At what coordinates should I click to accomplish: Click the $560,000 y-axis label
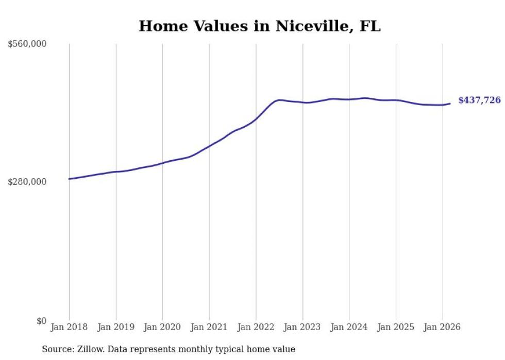[27, 44]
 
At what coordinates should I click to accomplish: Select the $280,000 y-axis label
[27, 182]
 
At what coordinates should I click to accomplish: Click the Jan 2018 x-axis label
[69, 327]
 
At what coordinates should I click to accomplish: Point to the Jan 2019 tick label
[116, 327]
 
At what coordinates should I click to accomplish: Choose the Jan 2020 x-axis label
[162, 327]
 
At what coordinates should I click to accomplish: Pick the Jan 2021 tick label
[209, 327]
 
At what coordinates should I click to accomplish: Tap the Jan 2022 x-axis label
[256, 327]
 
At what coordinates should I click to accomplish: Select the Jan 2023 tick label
[302, 327]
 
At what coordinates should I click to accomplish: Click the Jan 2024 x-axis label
[349, 327]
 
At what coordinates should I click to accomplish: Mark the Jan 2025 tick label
[396, 327]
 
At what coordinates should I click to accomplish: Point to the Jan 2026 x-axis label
[442, 327]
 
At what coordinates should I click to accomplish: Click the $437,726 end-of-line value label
[479, 100]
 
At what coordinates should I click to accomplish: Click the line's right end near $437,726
[450, 104]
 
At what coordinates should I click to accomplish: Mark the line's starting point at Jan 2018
[69, 179]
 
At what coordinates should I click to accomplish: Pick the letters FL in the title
[371, 26]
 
